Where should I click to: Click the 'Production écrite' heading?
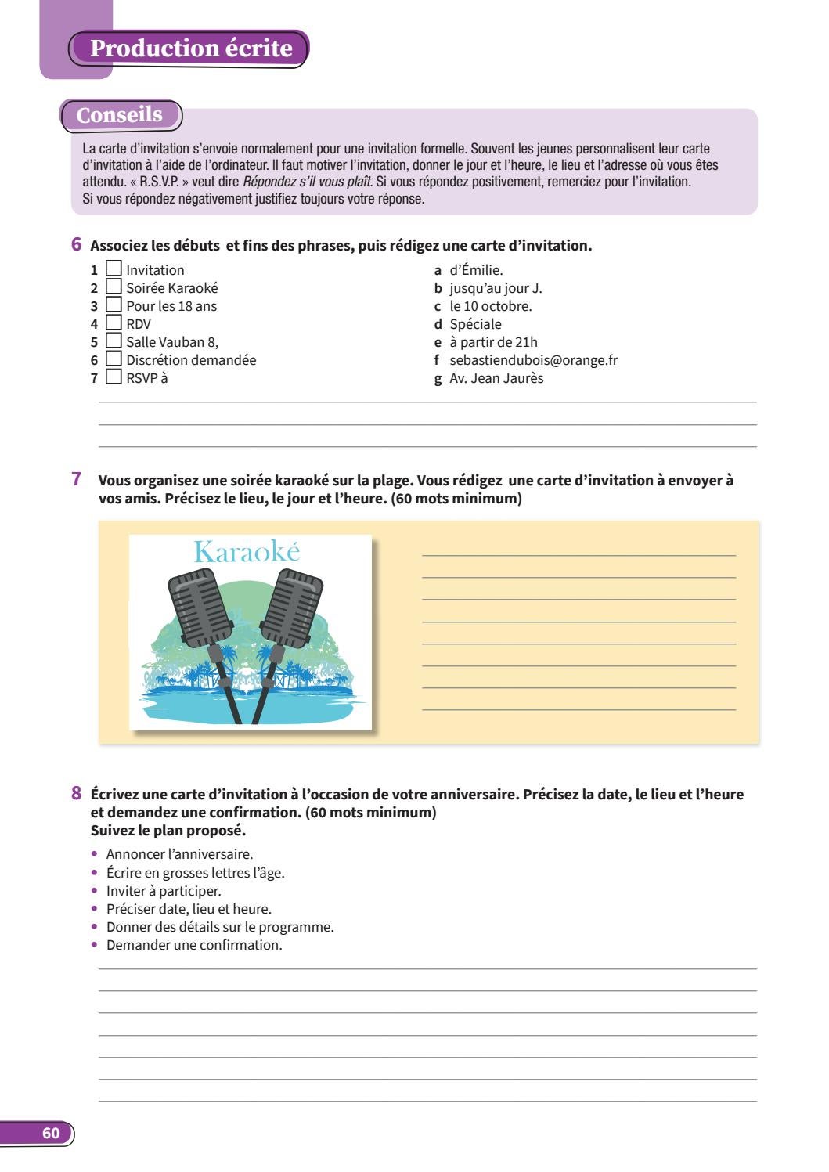191,49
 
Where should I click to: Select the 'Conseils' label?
120,115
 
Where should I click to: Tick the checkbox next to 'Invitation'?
114,269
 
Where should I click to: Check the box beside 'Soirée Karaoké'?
114,287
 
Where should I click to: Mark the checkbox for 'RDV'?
114,323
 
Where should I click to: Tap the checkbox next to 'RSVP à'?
114,377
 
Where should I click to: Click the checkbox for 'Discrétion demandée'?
114,359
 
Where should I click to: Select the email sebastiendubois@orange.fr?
533,360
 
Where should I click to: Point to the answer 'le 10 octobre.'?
490,306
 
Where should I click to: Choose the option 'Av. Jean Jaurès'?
496,378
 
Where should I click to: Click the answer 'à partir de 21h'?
493,342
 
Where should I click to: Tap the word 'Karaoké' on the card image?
247,552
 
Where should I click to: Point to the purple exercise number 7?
77,478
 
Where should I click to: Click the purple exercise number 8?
77,793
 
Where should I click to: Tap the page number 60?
52,1134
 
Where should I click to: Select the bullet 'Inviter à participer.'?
164,891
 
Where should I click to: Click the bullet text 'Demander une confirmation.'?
194,945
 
